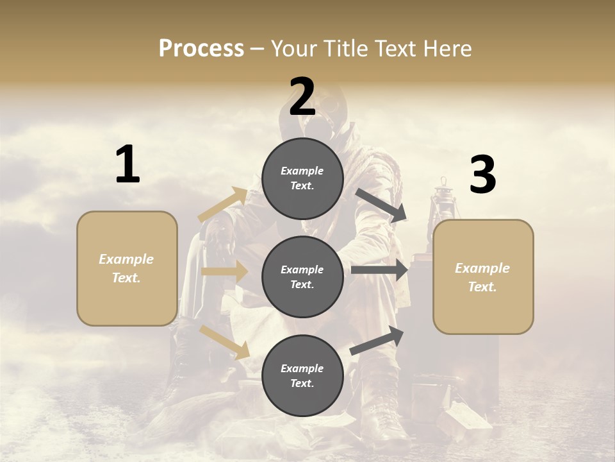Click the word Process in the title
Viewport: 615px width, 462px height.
[201, 48]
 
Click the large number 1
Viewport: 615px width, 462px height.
[127, 165]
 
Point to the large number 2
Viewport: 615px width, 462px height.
[302, 97]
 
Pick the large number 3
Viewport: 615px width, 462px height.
[482, 175]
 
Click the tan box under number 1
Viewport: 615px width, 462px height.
[127, 268]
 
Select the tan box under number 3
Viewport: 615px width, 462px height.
[483, 277]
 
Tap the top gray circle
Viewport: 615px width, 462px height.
[302, 178]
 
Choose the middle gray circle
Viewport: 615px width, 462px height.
[302, 277]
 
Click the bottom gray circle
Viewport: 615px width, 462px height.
[302, 375]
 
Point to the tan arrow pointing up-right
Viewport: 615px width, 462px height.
[223, 205]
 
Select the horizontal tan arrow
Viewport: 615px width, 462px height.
[224, 271]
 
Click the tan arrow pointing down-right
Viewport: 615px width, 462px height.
[225, 341]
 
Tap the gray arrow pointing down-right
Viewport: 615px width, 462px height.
[381, 205]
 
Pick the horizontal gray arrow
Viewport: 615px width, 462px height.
[379, 269]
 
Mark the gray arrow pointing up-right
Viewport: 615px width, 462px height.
[377, 341]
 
